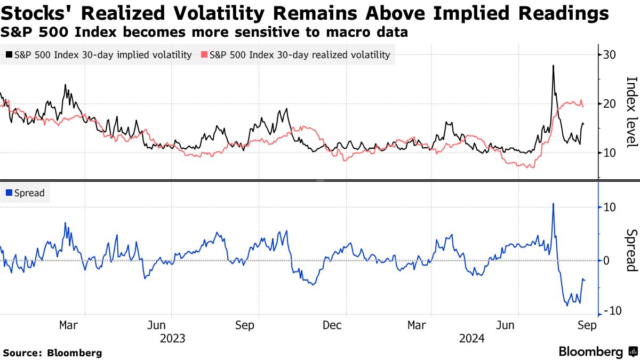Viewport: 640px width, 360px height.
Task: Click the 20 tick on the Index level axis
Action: (x=610, y=104)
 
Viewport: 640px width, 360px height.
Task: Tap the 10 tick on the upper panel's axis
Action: (x=610, y=153)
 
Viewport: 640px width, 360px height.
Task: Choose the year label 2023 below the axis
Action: (x=173, y=339)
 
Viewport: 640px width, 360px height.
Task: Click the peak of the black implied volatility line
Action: (x=553, y=66)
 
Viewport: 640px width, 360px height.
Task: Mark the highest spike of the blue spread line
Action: (x=553, y=204)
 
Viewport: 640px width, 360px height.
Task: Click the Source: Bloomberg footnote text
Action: (x=52, y=353)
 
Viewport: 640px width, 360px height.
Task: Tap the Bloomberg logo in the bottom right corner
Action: (x=597, y=352)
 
